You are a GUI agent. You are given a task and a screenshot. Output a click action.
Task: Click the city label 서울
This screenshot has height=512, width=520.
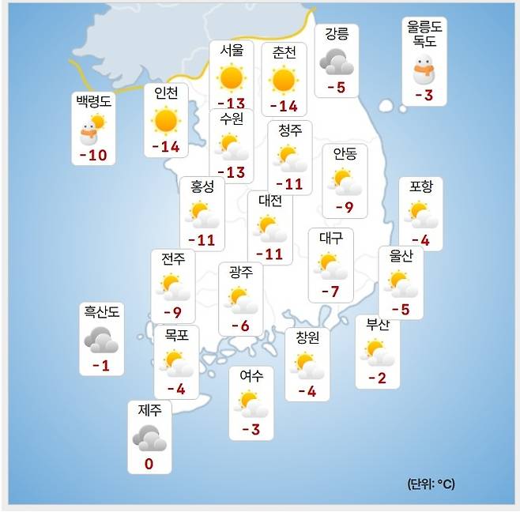(232, 51)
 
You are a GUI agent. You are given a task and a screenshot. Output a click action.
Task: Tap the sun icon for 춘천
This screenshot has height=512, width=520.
(282, 80)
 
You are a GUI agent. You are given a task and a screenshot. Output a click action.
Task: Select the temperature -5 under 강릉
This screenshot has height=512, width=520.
(337, 88)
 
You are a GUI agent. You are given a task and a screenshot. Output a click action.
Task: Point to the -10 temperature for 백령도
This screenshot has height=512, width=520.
(93, 155)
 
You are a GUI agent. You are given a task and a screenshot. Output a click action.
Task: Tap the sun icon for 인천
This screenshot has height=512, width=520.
(166, 121)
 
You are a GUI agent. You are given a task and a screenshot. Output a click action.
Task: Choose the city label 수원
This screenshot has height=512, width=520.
(232, 119)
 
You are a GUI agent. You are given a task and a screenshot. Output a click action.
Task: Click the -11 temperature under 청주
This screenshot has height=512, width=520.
(289, 185)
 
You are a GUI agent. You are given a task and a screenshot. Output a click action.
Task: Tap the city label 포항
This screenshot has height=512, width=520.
(420, 186)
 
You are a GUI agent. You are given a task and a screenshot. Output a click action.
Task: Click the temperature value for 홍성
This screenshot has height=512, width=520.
(202, 239)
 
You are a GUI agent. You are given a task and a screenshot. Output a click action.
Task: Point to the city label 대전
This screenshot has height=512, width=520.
(269, 200)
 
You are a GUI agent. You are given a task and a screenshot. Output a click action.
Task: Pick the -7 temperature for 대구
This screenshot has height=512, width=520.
(331, 292)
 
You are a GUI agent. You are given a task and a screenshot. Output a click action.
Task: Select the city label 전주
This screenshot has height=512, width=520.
(173, 258)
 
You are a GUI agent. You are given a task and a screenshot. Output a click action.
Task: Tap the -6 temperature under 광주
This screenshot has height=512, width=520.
(240, 326)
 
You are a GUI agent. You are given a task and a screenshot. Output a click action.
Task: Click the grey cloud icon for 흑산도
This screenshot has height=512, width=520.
(102, 341)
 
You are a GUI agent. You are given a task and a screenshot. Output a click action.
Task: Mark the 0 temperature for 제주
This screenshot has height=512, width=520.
(149, 463)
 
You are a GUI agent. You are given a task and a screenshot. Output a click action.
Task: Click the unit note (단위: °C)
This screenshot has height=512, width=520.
(432, 484)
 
